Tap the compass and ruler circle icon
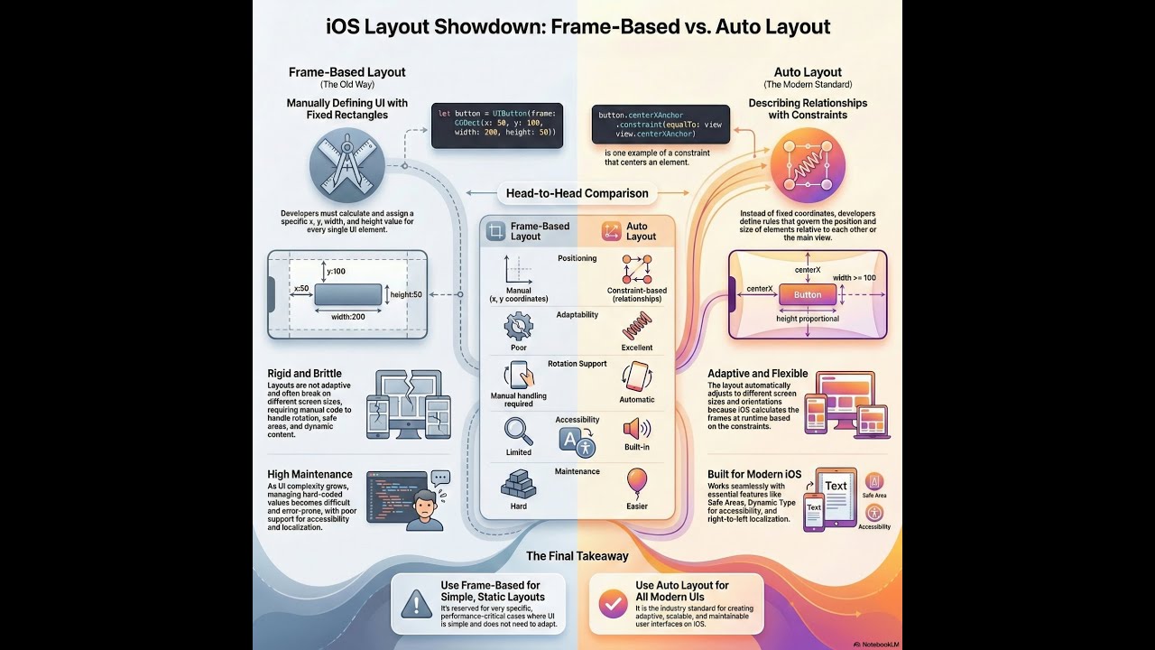click(x=347, y=164)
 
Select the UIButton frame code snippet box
click(x=497, y=125)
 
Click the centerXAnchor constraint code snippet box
click(x=660, y=124)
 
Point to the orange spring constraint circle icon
click(x=808, y=165)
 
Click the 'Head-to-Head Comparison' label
click(x=577, y=193)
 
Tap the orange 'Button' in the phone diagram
click(x=807, y=294)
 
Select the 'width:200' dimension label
click(x=347, y=317)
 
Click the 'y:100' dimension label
click(x=336, y=271)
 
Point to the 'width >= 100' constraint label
click(x=854, y=277)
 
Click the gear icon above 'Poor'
click(x=518, y=325)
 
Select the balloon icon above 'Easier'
click(x=637, y=481)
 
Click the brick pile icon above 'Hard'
click(x=518, y=483)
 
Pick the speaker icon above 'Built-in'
click(x=637, y=428)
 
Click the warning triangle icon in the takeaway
click(x=416, y=602)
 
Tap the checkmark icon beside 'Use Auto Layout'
click(x=614, y=602)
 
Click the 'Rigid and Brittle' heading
click(x=305, y=374)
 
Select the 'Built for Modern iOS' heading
click(x=754, y=474)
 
